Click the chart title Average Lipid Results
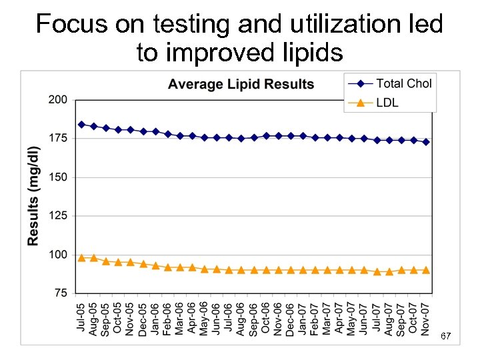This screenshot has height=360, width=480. tap(241, 85)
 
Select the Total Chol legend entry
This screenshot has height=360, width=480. tap(403, 83)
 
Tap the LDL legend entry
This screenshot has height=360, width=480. tap(387, 103)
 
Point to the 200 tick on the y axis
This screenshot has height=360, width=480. tap(58, 100)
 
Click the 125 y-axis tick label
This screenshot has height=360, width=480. tap(58, 216)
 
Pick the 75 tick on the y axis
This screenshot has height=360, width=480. tap(61, 293)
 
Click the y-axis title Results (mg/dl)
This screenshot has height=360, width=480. tap(33, 196)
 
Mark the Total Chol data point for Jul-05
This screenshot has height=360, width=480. tap(81, 124)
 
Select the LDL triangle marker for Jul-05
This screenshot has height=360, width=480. tap(81, 257)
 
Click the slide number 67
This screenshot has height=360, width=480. tap(445, 337)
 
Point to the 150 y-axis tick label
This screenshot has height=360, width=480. tap(58, 177)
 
